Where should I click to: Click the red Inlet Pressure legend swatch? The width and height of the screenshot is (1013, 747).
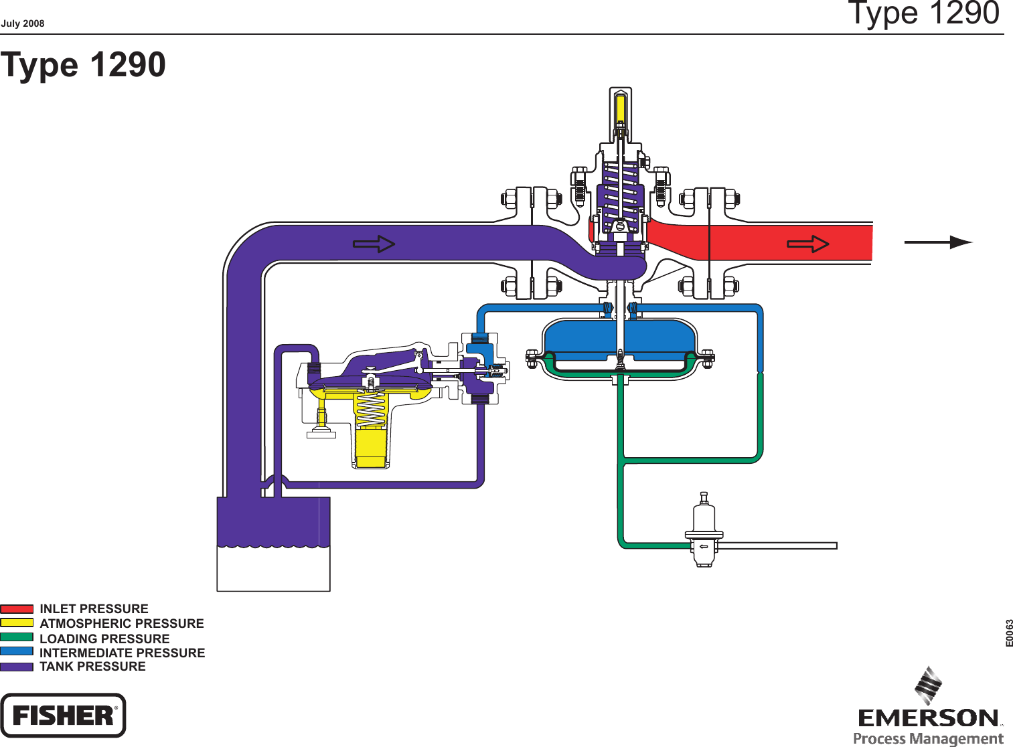click(x=17, y=609)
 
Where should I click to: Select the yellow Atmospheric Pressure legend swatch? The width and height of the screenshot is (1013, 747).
click(x=17, y=622)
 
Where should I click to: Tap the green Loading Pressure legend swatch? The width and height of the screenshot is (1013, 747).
click(x=17, y=637)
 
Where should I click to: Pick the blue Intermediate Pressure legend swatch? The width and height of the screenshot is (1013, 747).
click(x=17, y=651)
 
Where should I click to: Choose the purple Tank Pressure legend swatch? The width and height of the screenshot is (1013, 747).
click(x=17, y=667)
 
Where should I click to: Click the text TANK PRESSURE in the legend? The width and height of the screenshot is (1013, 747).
click(x=92, y=667)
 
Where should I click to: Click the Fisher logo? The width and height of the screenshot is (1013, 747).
click(x=63, y=716)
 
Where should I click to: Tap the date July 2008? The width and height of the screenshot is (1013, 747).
click(x=23, y=23)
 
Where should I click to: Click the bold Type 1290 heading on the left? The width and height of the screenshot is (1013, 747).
click(x=83, y=65)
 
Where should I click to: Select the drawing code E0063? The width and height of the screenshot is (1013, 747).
click(x=1009, y=633)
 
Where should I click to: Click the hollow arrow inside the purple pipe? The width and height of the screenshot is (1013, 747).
click(x=374, y=244)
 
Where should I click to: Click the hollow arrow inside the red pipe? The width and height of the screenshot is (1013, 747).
click(x=808, y=244)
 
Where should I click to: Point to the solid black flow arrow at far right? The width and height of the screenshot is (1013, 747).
click(x=938, y=242)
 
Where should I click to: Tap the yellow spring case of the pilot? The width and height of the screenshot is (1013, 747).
click(x=370, y=435)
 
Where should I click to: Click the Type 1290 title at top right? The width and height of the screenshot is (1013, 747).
click(x=923, y=13)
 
